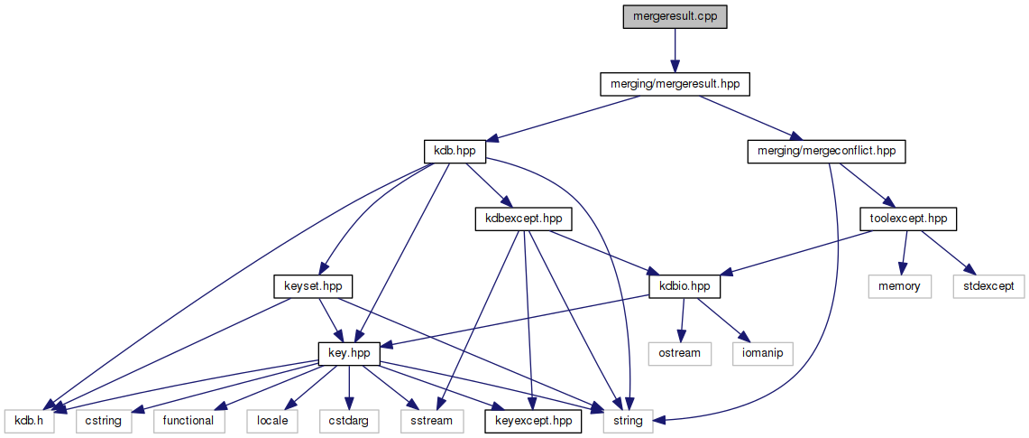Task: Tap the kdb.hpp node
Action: point(455,151)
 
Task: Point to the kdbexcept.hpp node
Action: point(523,219)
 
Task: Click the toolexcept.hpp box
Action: point(907,219)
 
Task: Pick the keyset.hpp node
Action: point(312,286)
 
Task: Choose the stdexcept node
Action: point(988,286)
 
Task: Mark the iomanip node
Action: point(760,353)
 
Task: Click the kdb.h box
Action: point(30,420)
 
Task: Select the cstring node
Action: point(104,420)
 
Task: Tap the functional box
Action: point(188,420)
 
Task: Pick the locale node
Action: point(273,420)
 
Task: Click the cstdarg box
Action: point(348,420)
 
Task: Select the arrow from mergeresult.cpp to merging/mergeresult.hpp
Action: point(673,51)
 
